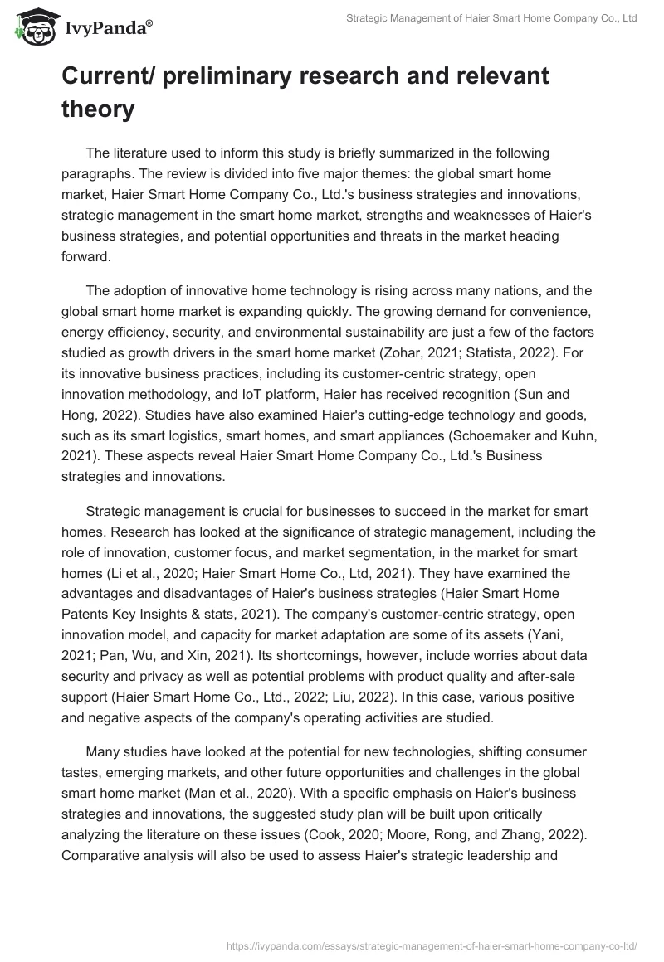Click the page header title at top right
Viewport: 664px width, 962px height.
coord(491,19)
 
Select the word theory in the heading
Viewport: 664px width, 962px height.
coord(98,109)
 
